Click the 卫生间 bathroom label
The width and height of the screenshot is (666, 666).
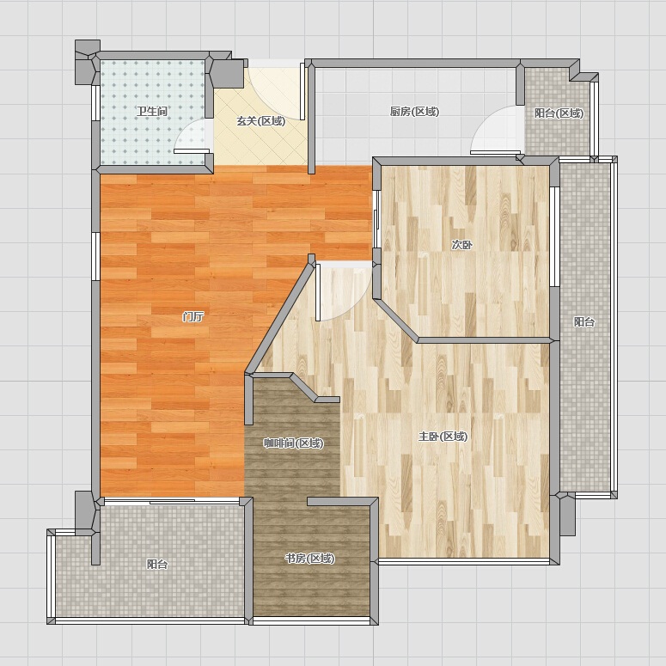(x=151, y=112)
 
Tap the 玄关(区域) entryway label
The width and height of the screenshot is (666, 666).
(x=260, y=121)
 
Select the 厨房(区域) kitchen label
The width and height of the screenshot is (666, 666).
(x=414, y=112)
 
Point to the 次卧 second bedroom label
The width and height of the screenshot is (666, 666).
(x=461, y=245)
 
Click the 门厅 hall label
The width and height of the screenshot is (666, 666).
(x=193, y=316)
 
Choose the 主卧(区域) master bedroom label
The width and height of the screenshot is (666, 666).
(x=443, y=437)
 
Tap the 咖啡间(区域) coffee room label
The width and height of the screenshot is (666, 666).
(x=294, y=443)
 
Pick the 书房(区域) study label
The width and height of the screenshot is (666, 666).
(x=309, y=558)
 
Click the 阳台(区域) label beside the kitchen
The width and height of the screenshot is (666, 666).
(x=559, y=113)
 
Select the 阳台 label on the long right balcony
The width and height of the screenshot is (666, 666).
(x=584, y=322)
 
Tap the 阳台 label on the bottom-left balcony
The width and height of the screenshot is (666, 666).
(x=157, y=564)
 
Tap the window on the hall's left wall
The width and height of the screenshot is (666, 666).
(x=95, y=256)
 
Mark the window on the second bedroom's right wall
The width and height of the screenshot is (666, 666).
(x=555, y=236)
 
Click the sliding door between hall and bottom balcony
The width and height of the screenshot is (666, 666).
(x=172, y=502)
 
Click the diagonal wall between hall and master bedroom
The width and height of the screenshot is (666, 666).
(x=280, y=315)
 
